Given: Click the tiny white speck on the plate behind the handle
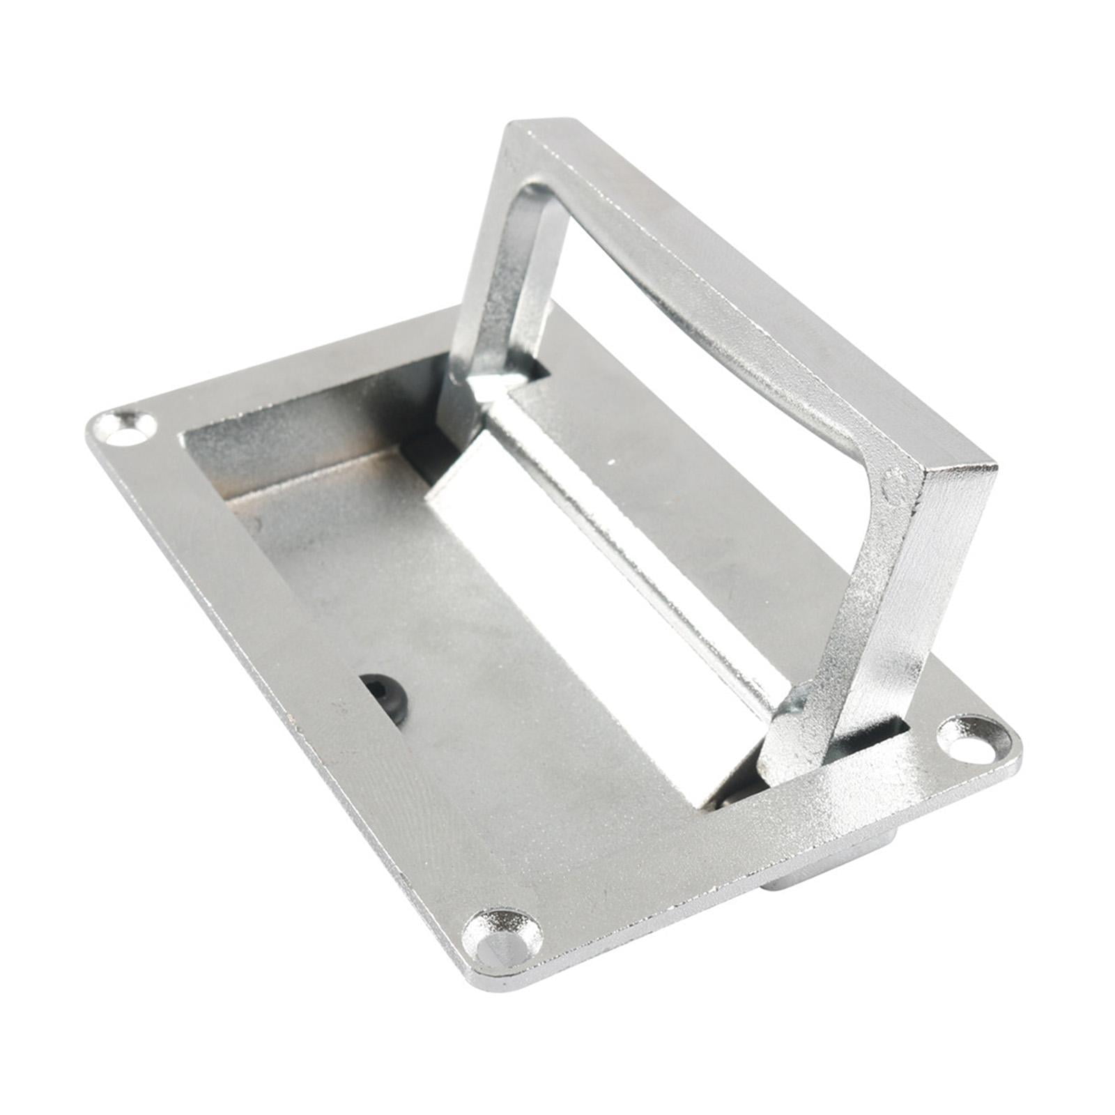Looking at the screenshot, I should tap(611, 461).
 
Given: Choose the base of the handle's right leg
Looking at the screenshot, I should tap(794, 746).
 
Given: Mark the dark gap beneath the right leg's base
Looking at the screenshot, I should tap(725, 801).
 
